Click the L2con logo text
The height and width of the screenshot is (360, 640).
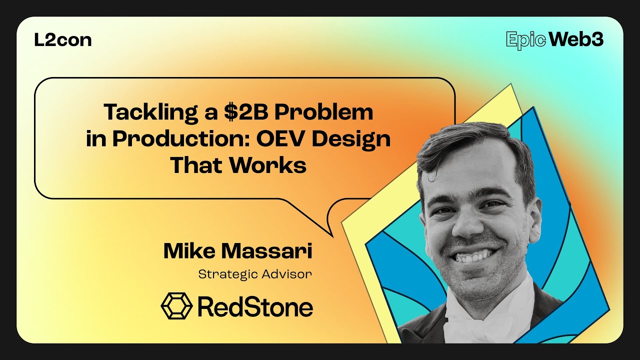[x=63, y=40]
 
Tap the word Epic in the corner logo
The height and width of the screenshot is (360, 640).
[x=525, y=40]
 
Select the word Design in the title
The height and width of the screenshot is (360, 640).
[x=353, y=139]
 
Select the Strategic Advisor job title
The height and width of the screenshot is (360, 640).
[x=255, y=274]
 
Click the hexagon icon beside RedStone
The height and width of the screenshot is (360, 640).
[x=176, y=306]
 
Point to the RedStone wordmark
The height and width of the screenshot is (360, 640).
[x=255, y=306]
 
